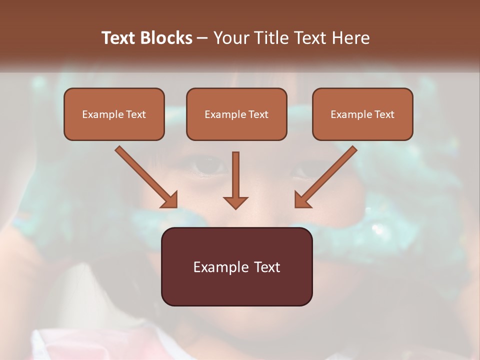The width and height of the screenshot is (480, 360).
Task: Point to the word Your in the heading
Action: (x=230, y=38)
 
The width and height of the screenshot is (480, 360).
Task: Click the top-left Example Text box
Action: (x=114, y=114)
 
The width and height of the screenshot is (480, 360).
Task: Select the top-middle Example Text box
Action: (x=236, y=114)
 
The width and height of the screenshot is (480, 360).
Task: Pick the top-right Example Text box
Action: (x=362, y=114)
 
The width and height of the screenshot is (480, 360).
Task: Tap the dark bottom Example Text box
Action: (x=236, y=266)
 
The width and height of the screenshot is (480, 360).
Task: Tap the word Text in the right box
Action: (x=384, y=114)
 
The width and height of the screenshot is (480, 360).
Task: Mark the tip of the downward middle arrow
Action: (x=235, y=207)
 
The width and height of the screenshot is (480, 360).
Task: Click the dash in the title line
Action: (x=202, y=38)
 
